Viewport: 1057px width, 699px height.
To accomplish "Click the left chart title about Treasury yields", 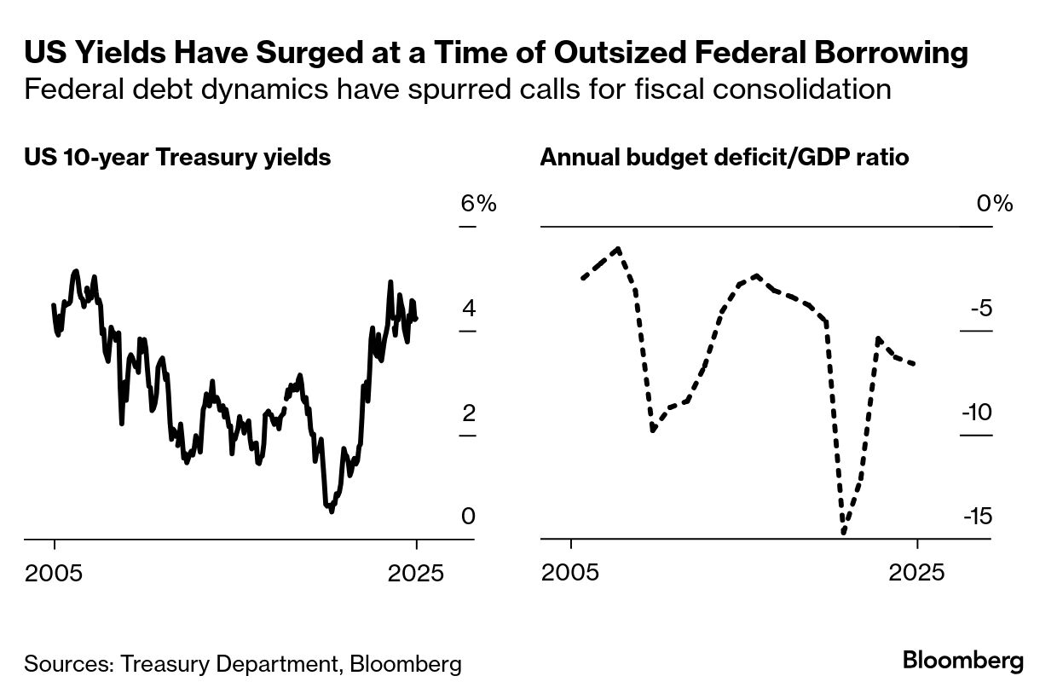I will (x=177, y=158).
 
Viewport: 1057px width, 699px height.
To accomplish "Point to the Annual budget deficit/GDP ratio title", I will (x=725, y=158).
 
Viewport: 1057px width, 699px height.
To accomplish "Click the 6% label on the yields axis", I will (x=477, y=204).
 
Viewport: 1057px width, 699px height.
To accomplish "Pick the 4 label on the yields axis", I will (x=469, y=309).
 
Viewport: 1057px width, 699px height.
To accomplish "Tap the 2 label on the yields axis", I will (x=469, y=413).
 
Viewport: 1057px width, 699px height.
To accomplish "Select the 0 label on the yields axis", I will (x=467, y=517).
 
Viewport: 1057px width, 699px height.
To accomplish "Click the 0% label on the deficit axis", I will (x=995, y=204).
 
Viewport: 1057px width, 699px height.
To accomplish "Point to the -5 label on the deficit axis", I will (x=981, y=309).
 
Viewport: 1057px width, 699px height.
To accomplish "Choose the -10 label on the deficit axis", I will (x=978, y=413).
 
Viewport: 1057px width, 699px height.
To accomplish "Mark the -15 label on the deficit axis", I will (x=978, y=517).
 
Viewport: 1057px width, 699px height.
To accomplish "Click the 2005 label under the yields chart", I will (x=55, y=572).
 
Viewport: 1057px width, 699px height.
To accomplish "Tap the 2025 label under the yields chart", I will (x=416, y=572).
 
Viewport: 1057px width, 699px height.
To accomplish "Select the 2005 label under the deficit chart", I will (x=571, y=572).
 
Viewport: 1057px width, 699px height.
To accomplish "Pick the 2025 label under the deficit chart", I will (x=916, y=572).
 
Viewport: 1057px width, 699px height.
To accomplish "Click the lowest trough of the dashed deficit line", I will (x=843, y=532).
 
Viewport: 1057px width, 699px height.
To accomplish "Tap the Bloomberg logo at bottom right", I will (x=963, y=661).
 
